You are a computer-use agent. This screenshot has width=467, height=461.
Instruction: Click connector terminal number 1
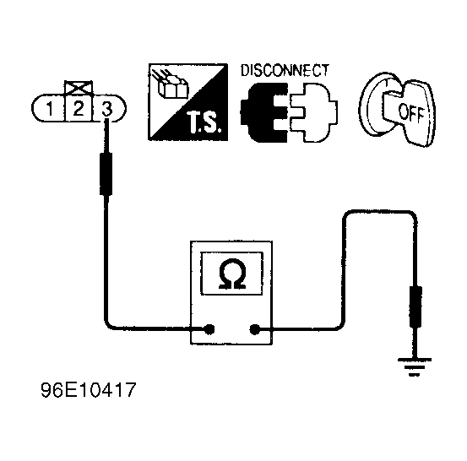[50, 108]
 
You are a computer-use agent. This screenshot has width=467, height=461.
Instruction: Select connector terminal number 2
[78, 108]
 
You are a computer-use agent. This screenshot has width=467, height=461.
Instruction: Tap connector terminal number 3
[107, 109]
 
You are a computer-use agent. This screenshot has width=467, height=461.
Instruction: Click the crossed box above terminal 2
[79, 88]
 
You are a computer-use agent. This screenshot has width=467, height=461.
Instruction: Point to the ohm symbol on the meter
[232, 274]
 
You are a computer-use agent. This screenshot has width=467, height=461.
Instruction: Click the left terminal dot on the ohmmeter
[209, 329]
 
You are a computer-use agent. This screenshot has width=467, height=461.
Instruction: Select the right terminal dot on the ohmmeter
[254, 329]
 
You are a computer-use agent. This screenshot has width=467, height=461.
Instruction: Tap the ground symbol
[414, 367]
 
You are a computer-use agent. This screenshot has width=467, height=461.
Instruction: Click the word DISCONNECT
[285, 71]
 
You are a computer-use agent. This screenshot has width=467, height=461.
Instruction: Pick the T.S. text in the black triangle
[205, 122]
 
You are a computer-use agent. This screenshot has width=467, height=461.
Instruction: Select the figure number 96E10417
[88, 389]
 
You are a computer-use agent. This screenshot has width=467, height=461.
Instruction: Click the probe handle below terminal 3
[106, 174]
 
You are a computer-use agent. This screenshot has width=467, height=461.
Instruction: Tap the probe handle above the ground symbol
[415, 306]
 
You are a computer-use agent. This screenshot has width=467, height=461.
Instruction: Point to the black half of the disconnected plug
[264, 112]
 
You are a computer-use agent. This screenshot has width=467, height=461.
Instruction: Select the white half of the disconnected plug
[312, 112]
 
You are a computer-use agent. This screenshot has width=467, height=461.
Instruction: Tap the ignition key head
[411, 112]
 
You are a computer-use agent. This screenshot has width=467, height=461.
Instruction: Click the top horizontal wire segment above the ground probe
[380, 211]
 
